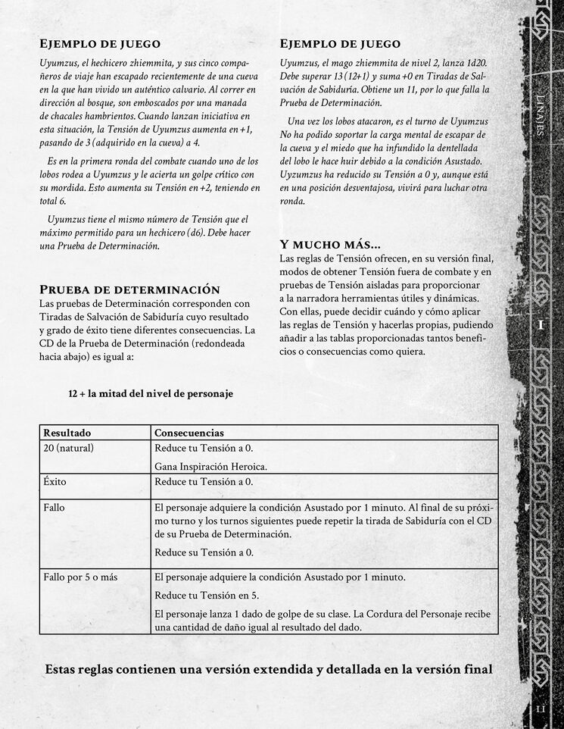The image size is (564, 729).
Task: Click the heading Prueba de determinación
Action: [129, 289]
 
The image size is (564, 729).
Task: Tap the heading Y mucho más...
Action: [329, 245]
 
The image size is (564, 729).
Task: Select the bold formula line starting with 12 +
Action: [150, 393]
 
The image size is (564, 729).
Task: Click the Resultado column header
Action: [67, 432]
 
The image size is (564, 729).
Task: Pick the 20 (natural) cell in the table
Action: [68, 448]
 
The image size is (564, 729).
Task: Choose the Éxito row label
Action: [55, 481]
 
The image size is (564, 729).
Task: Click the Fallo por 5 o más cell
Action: [80, 577]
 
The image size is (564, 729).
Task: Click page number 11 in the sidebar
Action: [541, 709]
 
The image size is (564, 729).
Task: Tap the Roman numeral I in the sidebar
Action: [541, 324]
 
